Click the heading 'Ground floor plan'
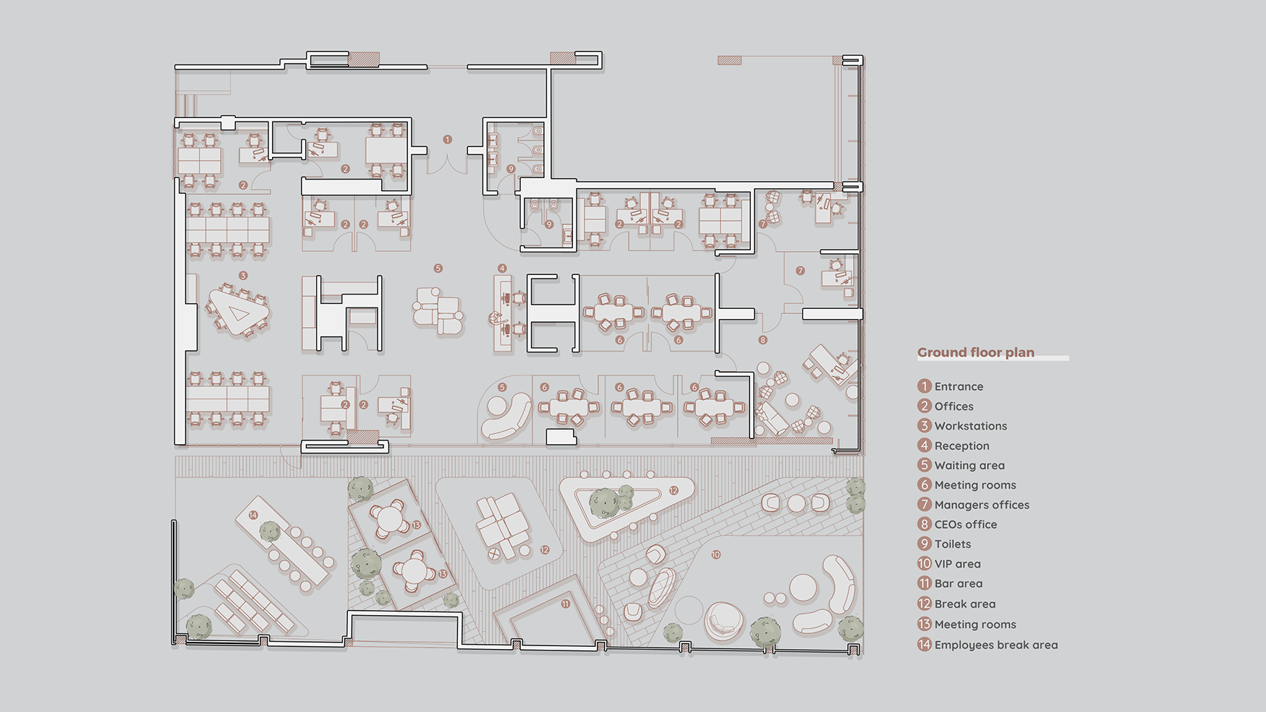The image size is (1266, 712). (x=975, y=352)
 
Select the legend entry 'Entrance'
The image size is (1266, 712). (x=959, y=386)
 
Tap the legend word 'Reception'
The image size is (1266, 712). (x=961, y=446)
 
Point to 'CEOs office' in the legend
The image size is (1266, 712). (x=965, y=525)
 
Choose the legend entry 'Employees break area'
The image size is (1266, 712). (x=995, y=645)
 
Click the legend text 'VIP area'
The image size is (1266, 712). (x=957, y=564)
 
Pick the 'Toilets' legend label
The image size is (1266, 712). (x=952, y=544)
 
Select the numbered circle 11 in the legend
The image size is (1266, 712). (x=925, y=583)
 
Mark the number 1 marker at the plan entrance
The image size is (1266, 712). (x=447, y=140)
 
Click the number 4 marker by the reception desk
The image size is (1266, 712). (x=502, y=268)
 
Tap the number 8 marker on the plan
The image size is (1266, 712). (x=762, y=340)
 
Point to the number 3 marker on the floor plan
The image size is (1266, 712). (x=243, y=276)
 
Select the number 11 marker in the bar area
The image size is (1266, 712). (x=566, y=603)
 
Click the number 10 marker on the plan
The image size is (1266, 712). (x=715, y=555)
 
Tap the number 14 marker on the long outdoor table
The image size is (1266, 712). (x=252, y=515)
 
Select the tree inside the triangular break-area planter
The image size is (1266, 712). (x=604, y=503)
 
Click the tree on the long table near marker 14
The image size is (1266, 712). (x=270, y=532)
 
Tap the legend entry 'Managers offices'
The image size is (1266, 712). (x=982, y=505)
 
